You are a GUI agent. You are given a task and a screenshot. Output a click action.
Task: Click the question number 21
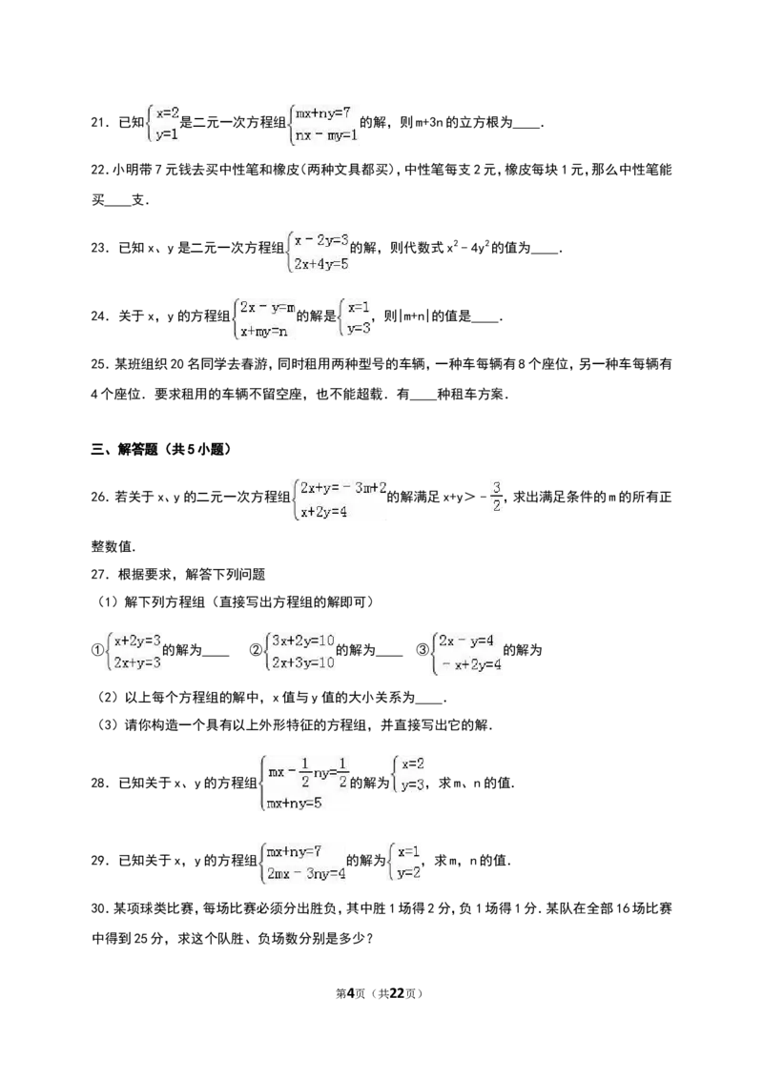point(100,123)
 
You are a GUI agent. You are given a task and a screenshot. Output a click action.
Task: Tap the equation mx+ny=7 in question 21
point(323,112)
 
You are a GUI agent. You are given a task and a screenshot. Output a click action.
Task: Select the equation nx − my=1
point(326,135)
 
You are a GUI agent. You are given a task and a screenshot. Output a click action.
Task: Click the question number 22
point(100,170)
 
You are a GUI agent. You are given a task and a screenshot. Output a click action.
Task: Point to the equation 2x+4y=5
point(320,264)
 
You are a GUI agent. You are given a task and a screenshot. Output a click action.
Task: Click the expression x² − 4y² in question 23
point(467,247)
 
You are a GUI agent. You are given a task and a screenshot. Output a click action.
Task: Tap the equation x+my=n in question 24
point(264,332)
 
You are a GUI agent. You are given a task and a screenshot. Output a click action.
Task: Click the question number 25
point(100,364)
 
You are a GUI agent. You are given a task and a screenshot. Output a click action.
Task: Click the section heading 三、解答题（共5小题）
point(161,449)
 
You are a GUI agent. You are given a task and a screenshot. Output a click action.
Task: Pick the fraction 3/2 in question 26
point(497,497)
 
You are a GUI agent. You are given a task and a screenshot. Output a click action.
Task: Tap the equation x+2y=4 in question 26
point(323,512)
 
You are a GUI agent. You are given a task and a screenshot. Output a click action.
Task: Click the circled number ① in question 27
point(97,650)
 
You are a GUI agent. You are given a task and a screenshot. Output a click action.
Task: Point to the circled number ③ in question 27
point(423,650)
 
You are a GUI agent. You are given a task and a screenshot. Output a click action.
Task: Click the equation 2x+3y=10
point(303,662)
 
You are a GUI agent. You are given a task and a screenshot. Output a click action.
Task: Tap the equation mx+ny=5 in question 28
point(294,803)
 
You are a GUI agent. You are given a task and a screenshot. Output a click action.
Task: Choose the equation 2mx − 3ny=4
point(306,874)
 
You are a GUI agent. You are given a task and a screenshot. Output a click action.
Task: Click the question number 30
point(100,909)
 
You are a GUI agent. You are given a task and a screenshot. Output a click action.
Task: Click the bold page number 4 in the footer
point(350,993)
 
